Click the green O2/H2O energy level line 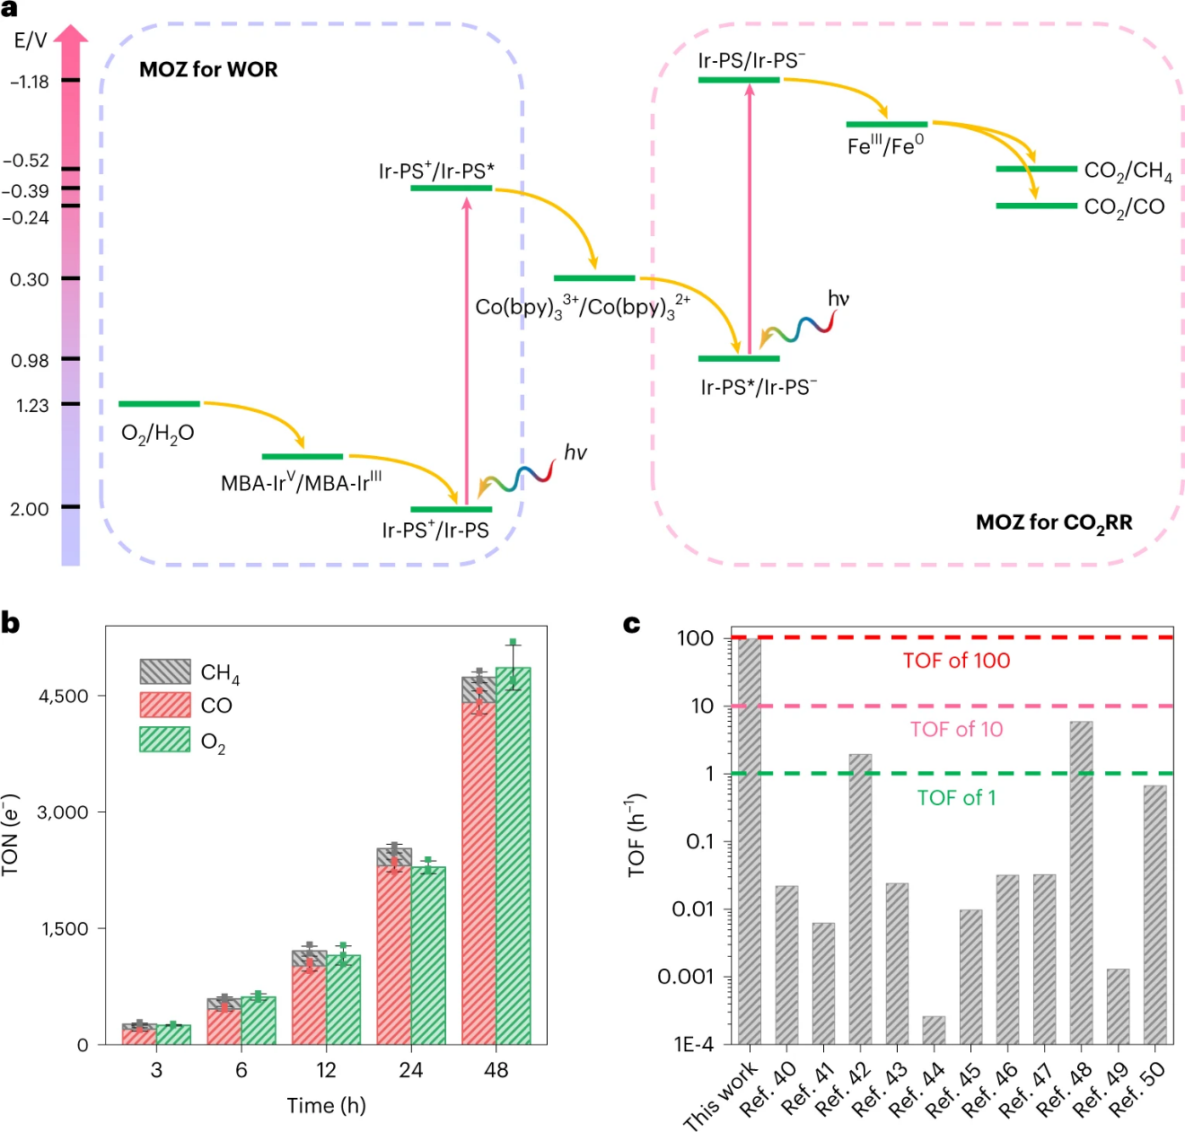coord(159,404)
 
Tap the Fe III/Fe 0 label coord(885,145)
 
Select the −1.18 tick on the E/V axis coord(70,81)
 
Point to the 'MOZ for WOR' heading coord(208,70)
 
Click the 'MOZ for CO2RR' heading coord(1054,522)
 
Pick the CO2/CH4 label coord(1128,171)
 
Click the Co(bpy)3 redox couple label coord(583,307)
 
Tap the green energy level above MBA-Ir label coord(303,456)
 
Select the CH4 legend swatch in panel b coord(165,671)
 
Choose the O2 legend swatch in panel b coord(165,740)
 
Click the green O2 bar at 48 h coord(513,862)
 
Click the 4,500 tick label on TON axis coord(64,696)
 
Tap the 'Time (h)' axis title coord(326,1105)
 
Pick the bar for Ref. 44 coord(934,1030)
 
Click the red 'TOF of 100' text coord(956,661)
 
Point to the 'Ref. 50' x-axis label coord(1137,1089)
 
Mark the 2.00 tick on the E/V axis coord(70,507)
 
